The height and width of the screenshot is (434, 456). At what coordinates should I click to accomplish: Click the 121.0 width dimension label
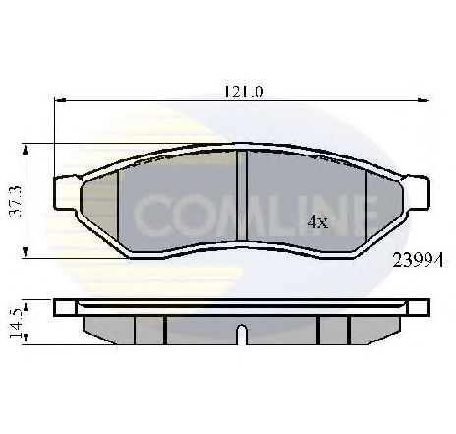click(x=244, y=92)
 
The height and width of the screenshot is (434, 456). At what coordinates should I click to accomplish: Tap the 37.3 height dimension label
click(x=16, y=201)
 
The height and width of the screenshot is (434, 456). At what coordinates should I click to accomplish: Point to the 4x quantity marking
click(x=317, y=222)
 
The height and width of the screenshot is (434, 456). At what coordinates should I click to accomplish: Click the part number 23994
click(x=418, y=261)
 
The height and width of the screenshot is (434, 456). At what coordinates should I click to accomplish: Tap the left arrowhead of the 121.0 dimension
click(x=60, y=100)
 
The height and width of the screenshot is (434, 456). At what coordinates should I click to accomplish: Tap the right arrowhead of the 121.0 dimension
click(x=423, y=100)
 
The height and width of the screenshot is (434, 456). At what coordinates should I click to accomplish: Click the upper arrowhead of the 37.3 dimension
click(x=26, y=150)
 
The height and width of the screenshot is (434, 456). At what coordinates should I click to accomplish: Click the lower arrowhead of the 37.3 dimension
click(x=25, y=253)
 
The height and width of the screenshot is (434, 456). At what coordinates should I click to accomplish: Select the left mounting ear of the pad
click(x=66, y=193)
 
